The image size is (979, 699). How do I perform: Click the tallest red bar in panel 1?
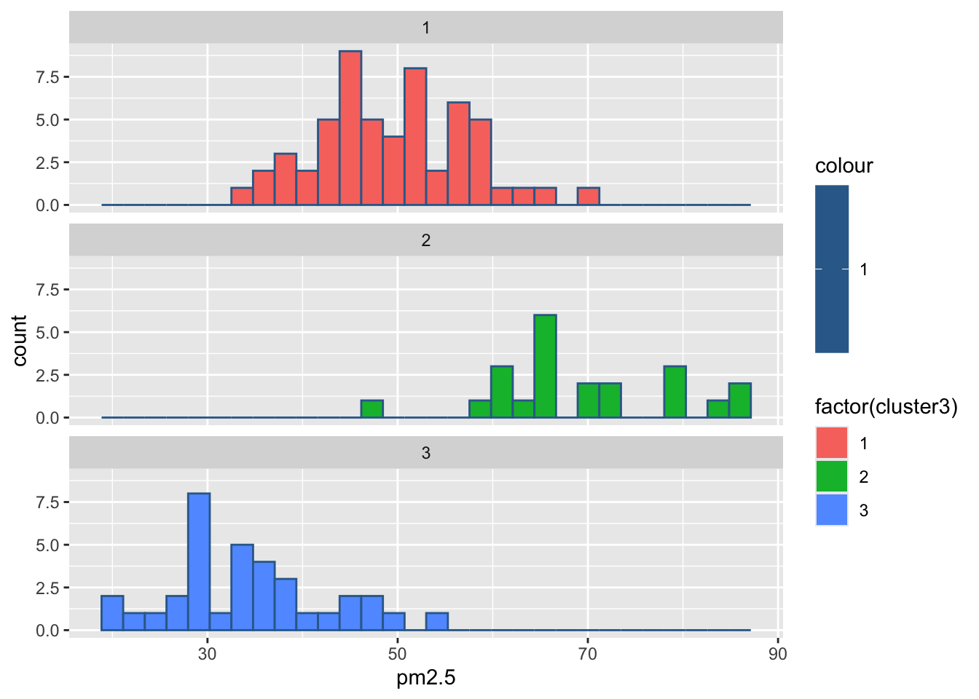(350, 128)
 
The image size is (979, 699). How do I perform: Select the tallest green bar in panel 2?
(545, 366)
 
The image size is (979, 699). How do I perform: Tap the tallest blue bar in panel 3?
(199, 561)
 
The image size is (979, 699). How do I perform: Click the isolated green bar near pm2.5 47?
(372, 409)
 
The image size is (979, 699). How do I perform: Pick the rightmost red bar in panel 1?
(589, 197)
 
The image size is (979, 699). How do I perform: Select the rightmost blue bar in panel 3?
(437, 622)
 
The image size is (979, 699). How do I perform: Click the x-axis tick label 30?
(208, 654)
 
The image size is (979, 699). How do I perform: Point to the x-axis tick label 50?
(398, 654)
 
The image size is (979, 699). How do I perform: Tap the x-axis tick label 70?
(588, 654)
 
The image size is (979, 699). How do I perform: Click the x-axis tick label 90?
(778, 654)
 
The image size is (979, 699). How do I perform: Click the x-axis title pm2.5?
(426, 679)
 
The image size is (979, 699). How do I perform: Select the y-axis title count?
(20, 341)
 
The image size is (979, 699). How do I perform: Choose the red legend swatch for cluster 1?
(832, 443)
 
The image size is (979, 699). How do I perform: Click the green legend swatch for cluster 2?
(832, 476)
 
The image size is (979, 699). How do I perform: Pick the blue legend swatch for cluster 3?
(832, 510)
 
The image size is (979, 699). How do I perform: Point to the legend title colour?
(844, 166)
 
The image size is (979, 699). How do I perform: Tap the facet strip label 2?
(426, 240)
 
